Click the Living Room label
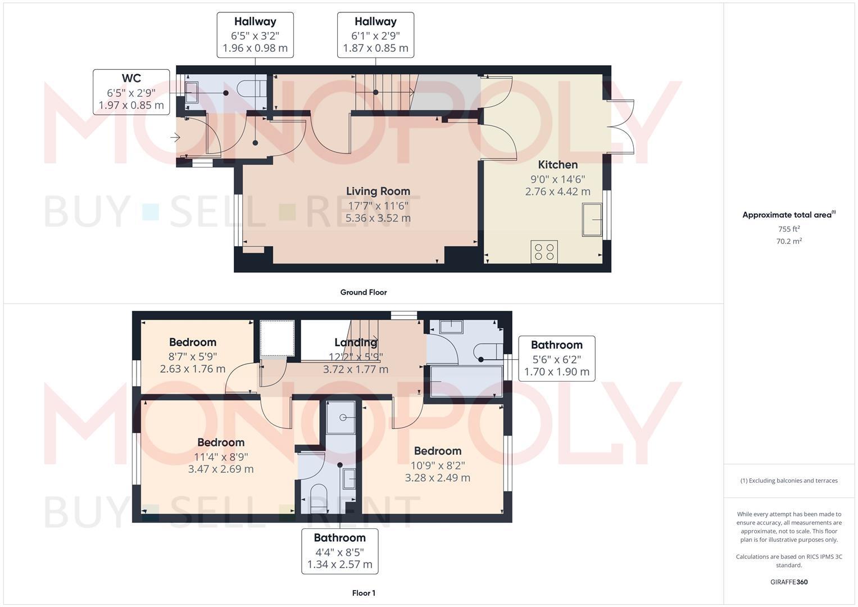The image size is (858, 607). (378, 191)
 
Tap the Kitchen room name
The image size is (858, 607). (557, 165)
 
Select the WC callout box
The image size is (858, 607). (131, 92)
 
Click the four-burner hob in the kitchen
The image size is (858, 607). (544, 251)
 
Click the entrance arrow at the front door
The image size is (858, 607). (175, 137)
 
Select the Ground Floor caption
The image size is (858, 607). (363, 292)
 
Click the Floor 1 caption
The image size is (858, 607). (364, 593)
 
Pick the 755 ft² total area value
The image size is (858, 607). (788, 229)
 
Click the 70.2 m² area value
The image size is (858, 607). (788, 241)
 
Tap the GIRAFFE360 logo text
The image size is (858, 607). (788, 582)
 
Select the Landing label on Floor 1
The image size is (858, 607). (355, 342)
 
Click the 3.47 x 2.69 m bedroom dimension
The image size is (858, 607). (221, 469)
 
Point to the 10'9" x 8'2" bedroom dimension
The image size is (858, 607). (437, 465)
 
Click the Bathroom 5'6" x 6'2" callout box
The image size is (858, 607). (556, 359)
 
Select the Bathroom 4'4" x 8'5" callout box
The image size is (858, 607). (339, 551)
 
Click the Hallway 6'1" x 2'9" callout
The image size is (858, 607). (375, 35)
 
